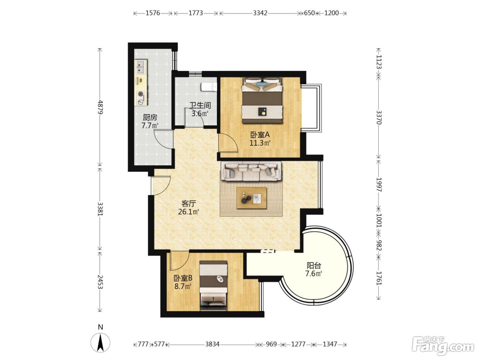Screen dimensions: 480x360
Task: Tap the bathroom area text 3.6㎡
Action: point(200,114)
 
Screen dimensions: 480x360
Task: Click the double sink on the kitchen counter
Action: point(141,67)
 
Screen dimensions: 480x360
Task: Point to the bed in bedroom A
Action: point(262,101)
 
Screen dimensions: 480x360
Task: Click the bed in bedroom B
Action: point(214,286)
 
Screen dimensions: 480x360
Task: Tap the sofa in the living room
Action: point(251,171)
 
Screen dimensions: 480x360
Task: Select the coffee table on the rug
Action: point(252,198)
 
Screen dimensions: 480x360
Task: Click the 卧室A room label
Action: point(260,135)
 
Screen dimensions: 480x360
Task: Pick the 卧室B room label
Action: point(183,278)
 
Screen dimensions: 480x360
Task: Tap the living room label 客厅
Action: point(189,204)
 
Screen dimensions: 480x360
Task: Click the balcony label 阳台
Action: point(314,266)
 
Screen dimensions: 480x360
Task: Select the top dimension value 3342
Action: point(260,13)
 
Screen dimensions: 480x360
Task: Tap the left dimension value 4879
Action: point(100,107)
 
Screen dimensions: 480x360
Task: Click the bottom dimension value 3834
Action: point(212,344)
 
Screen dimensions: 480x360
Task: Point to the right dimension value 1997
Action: point(379,185)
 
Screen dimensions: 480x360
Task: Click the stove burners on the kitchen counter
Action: point(141,98)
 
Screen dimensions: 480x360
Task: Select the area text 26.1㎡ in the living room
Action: point(189,212)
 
